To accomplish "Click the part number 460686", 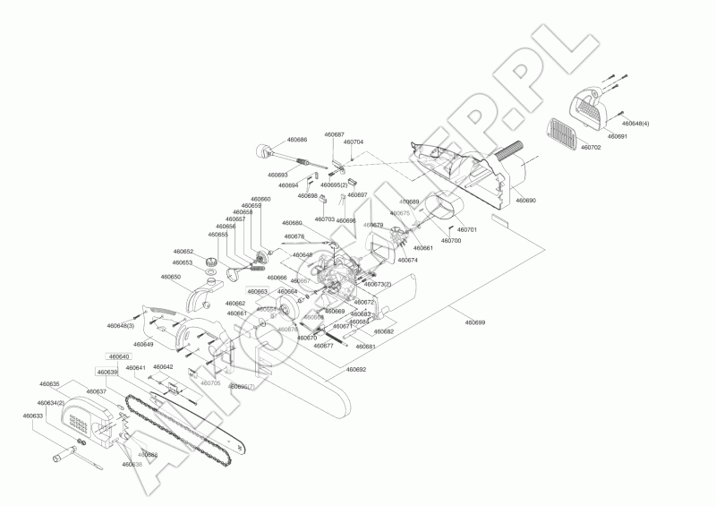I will pyautogui.click(x=297, y=140).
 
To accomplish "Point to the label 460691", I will pyautogui.click(x=618, y=136).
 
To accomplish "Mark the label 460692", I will pyautogui.click(x=355, y=369).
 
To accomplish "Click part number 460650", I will pyautogui.click(x=171, y=277).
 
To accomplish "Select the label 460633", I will pyautogui.click(x=33, y=416).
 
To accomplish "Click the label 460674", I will pyautogui.click(x=407, y=260).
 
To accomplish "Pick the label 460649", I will pyautogui.click(x=143, y=344).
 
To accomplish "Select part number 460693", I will pyautogui.click(x=277, y=175).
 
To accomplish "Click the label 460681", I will pyautogui.click(x=366, y=346).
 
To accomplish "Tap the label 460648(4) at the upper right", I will pyautogui.click(x=635, y=123).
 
